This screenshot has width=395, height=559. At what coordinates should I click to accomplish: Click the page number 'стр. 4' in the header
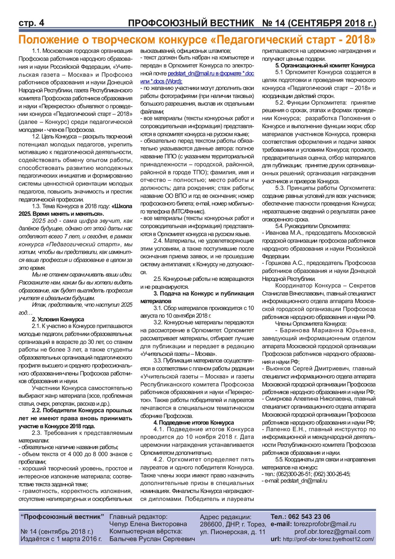point(31,23)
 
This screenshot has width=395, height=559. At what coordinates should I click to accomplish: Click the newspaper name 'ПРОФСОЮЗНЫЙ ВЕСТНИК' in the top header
point(191,23)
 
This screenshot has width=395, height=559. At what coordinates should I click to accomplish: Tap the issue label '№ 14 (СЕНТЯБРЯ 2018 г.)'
point(319,23)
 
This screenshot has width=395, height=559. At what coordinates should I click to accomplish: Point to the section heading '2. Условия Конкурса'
point(58,319)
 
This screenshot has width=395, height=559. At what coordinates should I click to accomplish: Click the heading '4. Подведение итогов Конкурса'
point(194,423)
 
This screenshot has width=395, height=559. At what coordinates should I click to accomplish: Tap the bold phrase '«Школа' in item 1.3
point(122,206)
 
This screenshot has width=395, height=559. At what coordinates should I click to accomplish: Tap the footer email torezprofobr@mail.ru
point(325,524)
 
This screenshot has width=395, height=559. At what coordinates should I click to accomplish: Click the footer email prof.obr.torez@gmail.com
point(332,531)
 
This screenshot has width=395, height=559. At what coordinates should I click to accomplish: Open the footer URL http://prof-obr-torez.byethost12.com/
point(328,539)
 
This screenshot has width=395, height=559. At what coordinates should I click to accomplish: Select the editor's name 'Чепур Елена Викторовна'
point(148,524)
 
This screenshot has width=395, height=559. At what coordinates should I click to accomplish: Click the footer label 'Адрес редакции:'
point(225,517)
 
